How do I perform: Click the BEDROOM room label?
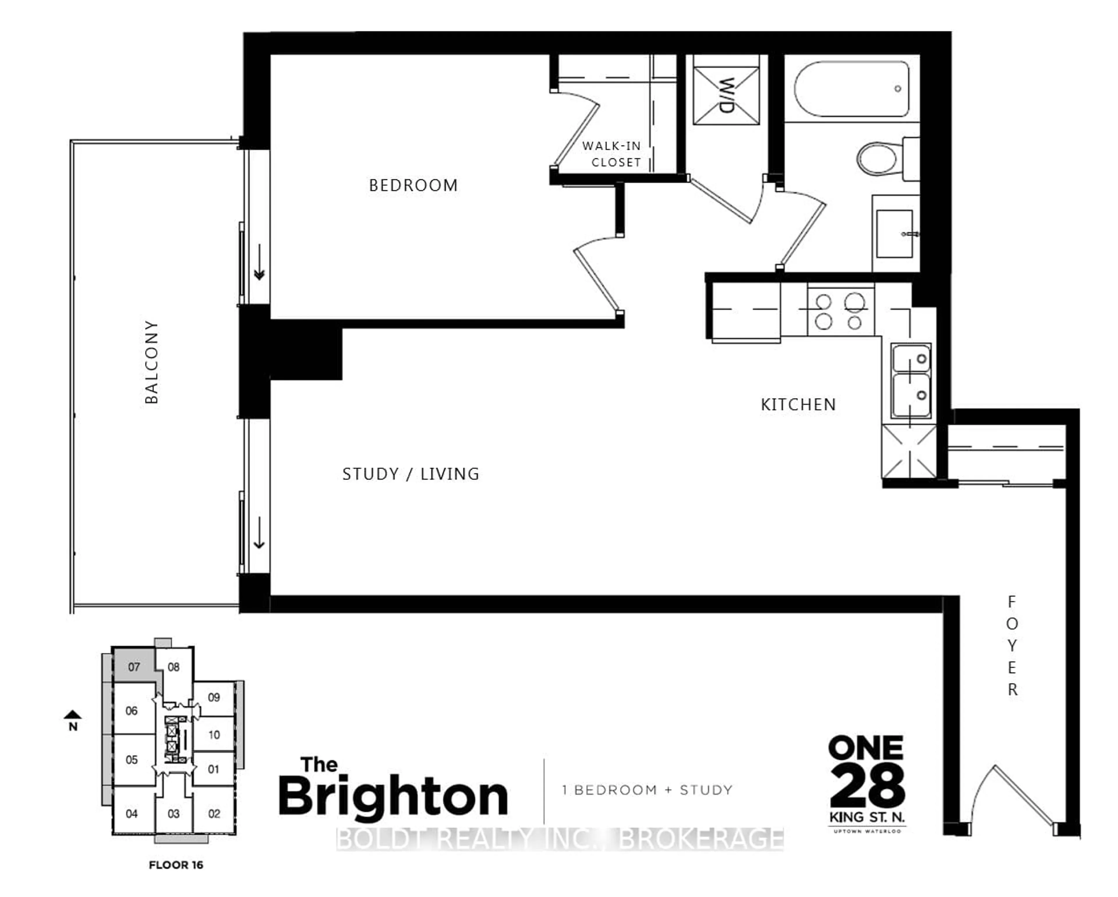pos(413,185)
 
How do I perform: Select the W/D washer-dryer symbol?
pos(726,96)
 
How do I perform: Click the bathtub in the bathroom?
pos(851,89)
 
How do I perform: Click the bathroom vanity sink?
pos(894,234)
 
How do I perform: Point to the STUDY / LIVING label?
pos(411,474)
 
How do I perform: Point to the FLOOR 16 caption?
pos(176,865)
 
